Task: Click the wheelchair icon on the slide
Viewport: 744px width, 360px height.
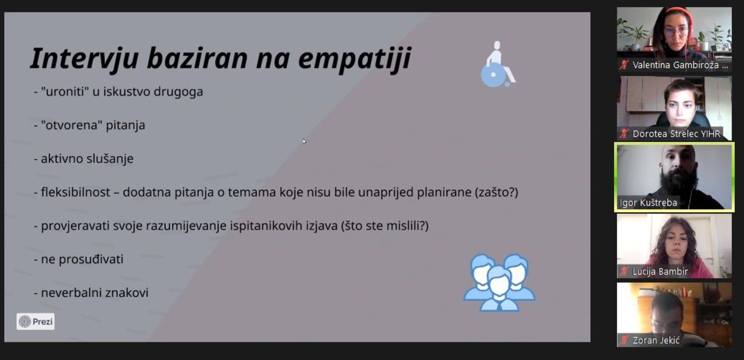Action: point(498,64)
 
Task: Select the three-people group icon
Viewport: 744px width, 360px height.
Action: point(499,283)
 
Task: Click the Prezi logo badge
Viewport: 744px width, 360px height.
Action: point(35,322)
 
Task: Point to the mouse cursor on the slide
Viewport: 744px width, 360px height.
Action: point(304,142)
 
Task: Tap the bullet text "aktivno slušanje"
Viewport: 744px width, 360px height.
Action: point(87,159)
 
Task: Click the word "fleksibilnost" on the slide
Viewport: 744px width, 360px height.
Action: point(76,192)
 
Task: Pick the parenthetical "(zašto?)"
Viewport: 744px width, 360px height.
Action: point(497,192)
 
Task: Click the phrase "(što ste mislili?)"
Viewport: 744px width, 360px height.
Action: point(385,226)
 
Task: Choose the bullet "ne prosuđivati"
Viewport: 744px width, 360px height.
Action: point(82,259)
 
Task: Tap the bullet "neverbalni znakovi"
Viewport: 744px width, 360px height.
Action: point(95,293)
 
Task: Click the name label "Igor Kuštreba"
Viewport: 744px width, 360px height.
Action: point(648,203)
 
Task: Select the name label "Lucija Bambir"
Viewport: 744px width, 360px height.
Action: point(660,272)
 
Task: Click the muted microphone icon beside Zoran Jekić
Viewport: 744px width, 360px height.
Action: point(624,340)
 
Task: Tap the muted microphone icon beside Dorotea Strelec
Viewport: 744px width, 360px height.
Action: point(624,134)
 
